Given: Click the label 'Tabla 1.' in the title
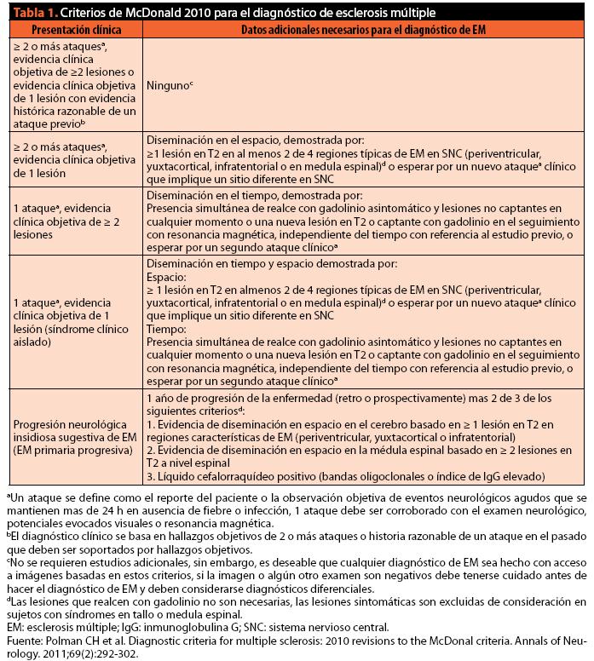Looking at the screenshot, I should coord(27,13).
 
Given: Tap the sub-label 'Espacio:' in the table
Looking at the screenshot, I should coord(166,277).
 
